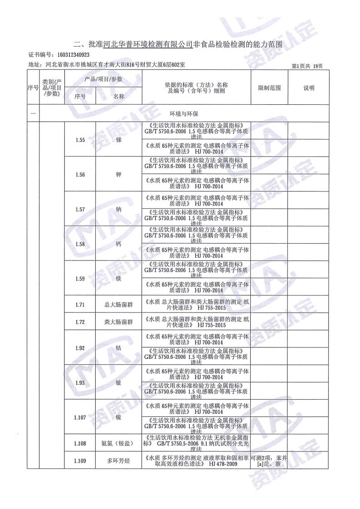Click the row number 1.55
click(80, 139)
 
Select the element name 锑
click(118, 139)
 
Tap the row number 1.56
click(80, 175)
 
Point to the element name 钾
click(118, 175)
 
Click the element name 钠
click(118, 209)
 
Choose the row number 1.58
click(80, 244)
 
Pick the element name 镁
click(118, 279)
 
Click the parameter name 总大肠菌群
click(118, 304)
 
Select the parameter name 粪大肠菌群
click(118, 322)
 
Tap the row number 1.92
click(80, 348)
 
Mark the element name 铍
click(118, 382)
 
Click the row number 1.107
click(80, 417)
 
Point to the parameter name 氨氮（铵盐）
click(118, 443)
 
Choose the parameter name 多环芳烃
click(118, 461)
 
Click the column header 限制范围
click(269, 88)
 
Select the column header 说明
click(309, 88)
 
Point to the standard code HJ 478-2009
click(222, 464)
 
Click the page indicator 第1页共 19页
click(307, 66)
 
